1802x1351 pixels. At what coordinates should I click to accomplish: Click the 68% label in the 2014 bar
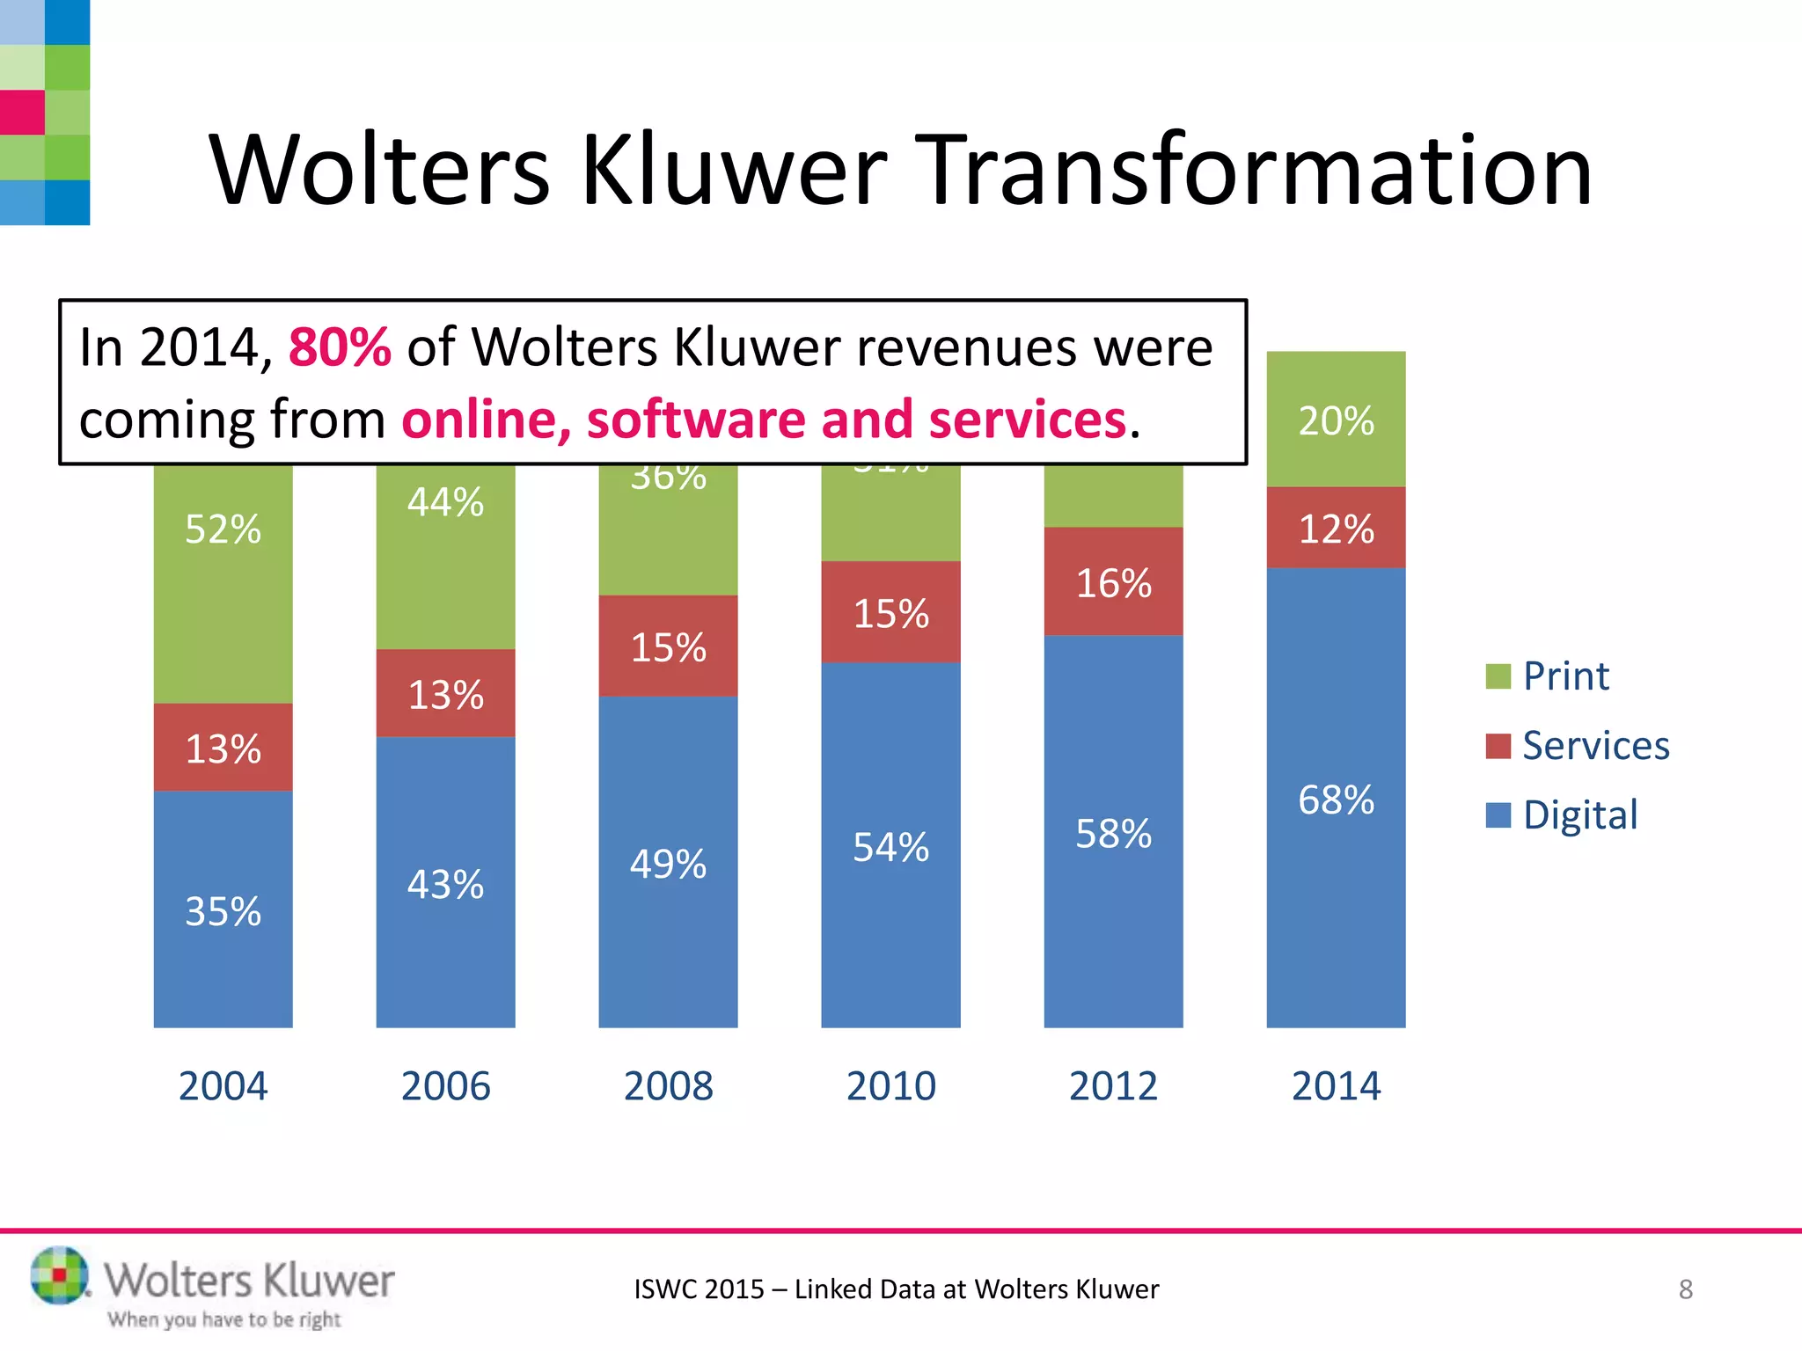1336,800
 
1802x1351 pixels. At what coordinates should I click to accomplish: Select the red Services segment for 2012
1113,582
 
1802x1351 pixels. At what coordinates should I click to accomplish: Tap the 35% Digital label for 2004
223,911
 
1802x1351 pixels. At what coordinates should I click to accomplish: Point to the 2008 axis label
668,1085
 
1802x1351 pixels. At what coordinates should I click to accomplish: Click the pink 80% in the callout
340,347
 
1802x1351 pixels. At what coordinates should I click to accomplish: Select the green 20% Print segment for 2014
1336,420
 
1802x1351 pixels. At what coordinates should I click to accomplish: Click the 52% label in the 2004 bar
223,529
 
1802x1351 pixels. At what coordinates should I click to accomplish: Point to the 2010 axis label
890,1085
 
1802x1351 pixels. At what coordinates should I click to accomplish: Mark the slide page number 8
1685,1289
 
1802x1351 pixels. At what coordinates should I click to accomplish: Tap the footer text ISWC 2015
700,1289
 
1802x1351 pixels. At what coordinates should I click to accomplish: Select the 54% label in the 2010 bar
890,848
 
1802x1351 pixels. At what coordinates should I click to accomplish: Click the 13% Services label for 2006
445,695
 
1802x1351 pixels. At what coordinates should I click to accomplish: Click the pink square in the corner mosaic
22,113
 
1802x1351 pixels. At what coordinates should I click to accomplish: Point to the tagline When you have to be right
224,1319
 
